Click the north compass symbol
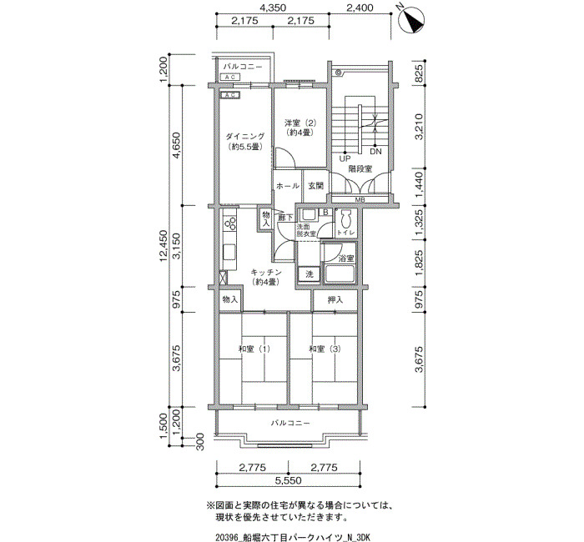(x=411, y=21)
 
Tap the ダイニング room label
(x=244, y=136)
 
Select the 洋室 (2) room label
(x=300, y=123)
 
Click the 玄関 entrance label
(x=315, y=186)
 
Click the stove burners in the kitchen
(x=229, y=223)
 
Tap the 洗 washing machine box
(x=310, y=274)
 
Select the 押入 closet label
(x=335, y=299)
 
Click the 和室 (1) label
(x=254, y=349)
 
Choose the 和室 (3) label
(x=325, y=349)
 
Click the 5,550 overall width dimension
(x=289, y=480)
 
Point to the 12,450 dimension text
(x=164, y=246)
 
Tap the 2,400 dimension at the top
(x=360, y=8)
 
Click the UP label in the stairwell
(x=345, y=158)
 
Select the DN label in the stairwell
(x=375, y=152)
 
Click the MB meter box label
(x=360, y=200)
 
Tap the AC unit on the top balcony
(x=230, y=77)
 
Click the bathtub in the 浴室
(x=340, y=274)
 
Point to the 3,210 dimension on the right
(x=419, y=127)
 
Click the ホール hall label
(x=288, y=186)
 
